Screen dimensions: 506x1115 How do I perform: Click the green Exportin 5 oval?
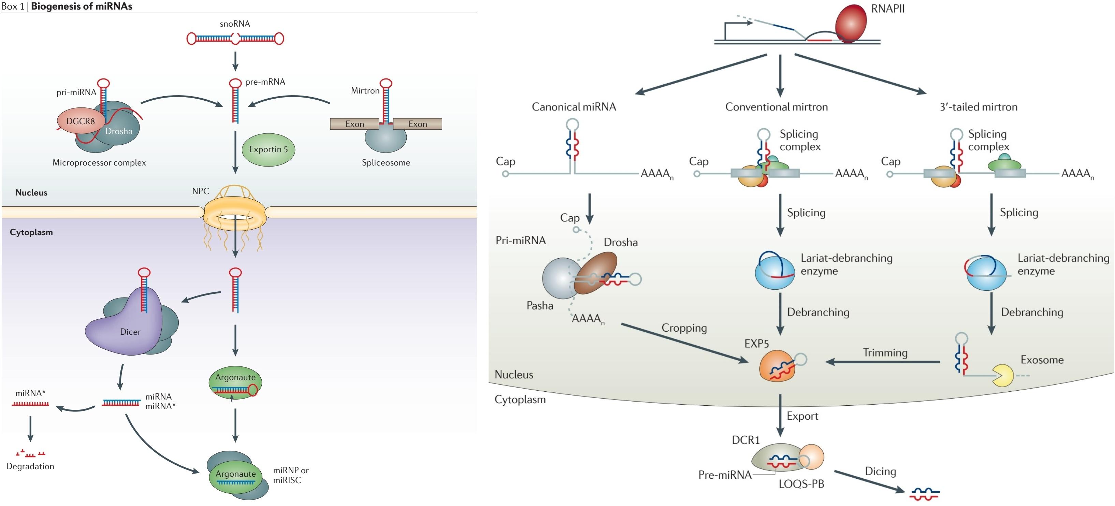pyautogui.click(x=268, y=149)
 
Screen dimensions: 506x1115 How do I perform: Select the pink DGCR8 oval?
pyautogui.click(x=80, y=121)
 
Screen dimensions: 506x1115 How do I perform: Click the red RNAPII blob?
pyautogui.click(x=850, y=24)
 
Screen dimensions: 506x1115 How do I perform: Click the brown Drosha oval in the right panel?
pyautogui.click(x=597, y=273)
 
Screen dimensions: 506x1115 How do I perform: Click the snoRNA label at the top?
pyautogui.click(x=235, y=24)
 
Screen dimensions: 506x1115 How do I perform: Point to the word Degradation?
pyautogui.click(x=30, y=466)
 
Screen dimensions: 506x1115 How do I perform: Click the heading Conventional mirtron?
pyautogui.click(x=776, y=107)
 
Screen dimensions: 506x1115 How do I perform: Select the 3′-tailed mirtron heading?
pyautogui.click(x=978, y=107)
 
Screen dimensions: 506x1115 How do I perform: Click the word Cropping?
pyautogui.click(x=684, y=328)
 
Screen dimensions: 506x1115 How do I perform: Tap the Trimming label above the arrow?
pyautogui.click(x=885, y=353)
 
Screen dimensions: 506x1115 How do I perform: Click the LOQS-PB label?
pyautogui.click(x=801, y=484)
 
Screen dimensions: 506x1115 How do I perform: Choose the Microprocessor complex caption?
pyautogui.click(x=99, y=163)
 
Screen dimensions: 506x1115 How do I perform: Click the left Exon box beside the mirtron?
pyautogui.click(x=354, y=124)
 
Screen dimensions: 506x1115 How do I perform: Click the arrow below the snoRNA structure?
pyautogui.click(x=235, y=61)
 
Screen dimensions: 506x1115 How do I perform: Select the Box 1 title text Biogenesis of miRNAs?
pyautogui.click(x=82, y=6)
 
